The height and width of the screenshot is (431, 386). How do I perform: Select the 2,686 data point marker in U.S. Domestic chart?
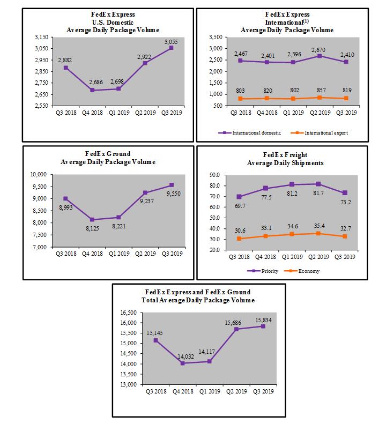(93, 90)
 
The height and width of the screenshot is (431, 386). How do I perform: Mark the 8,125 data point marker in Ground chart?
(93, 219)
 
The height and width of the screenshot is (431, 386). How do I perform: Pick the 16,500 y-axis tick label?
(130, 312)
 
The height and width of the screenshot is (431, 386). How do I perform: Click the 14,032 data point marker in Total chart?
(183, 363)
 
